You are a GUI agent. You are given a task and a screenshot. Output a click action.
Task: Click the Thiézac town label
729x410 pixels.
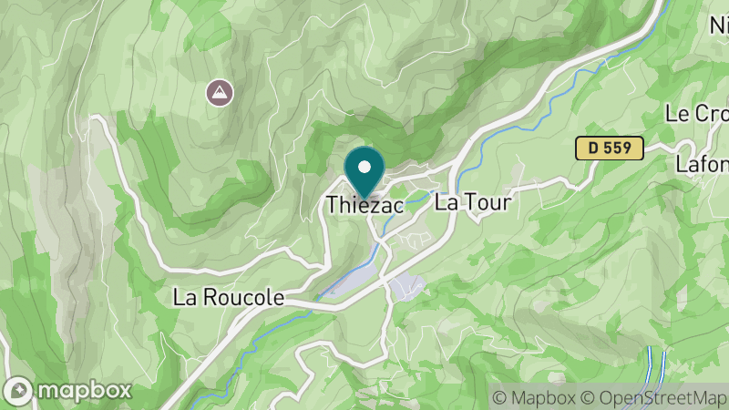pyautogui.click(x=364, y=205)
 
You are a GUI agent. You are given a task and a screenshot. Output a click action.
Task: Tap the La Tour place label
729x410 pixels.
pyautogui.click(x=472, y=201)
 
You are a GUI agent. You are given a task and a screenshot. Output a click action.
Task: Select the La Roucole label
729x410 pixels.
pyautogui.click(x=229, y=298)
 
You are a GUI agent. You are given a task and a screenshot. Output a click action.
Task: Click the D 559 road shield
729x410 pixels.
pyautogui.click(x=610, y=148)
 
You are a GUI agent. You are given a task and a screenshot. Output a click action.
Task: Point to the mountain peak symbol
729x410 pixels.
pyautogui.click(x=218, y=91)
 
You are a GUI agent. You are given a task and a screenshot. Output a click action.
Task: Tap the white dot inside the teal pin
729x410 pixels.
pyautogui.click(x=364, y=167)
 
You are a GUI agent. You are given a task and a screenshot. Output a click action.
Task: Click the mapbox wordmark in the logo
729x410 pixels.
pyautogui.click(x=85, y=390)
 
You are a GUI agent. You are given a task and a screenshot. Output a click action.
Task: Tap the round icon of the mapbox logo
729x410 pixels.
pyautogui.click(x=18, y=390)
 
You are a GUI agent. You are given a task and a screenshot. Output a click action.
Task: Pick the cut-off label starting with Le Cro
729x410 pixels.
pyautogui.click(x=697, y=114)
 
